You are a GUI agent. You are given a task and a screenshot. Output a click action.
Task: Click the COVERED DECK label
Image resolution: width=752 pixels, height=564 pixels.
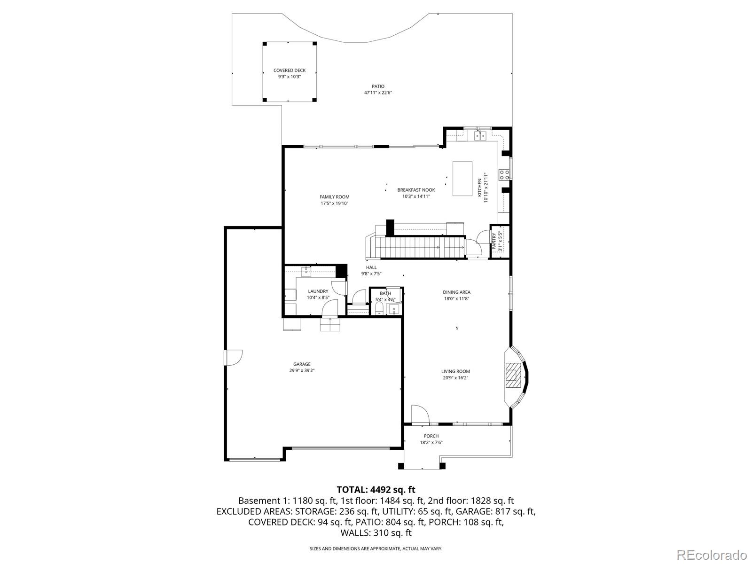point(290,70)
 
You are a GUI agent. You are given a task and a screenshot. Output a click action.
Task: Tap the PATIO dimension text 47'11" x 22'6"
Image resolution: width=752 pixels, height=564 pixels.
point(378,93)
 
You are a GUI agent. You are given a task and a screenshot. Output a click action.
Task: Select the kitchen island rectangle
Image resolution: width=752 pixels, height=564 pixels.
point(462,179)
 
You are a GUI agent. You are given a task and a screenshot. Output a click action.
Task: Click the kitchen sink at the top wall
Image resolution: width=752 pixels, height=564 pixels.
point(480,136)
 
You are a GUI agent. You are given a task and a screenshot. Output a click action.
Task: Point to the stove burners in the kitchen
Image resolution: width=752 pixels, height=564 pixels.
point(504,175)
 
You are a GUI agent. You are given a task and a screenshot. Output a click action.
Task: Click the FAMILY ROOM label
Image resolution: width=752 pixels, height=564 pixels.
point(334,197)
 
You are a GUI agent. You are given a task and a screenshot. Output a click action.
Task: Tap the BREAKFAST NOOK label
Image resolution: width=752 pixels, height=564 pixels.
point(416,190)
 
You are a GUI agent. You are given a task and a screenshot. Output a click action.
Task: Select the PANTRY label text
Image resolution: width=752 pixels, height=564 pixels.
point(494,241)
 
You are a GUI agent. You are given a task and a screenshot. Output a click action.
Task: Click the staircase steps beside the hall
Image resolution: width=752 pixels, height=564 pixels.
point(421,247)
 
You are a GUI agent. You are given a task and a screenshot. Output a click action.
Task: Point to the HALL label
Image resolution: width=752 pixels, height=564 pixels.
point(371,267)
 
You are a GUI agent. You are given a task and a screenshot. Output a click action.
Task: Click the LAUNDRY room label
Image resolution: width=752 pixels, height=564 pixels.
point(318,291)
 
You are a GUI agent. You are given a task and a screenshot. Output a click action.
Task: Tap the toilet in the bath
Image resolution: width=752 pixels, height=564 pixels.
point(379,309)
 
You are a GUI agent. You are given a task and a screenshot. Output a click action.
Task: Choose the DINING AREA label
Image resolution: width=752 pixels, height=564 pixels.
point(456,292)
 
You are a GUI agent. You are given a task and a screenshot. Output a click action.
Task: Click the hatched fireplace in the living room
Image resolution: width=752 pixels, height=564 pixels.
point(511,376)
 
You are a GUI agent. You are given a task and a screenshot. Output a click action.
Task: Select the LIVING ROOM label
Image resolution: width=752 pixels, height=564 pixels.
point(455,371)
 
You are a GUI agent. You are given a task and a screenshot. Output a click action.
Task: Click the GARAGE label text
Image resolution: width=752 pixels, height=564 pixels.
point(302,364)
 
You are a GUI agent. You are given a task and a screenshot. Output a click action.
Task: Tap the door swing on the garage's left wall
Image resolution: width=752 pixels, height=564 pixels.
point(233,358)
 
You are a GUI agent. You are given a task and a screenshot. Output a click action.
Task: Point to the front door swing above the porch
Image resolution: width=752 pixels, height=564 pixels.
point(420,415)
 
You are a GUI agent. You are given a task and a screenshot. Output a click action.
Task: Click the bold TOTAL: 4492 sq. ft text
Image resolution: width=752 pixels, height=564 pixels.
point(376,490)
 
